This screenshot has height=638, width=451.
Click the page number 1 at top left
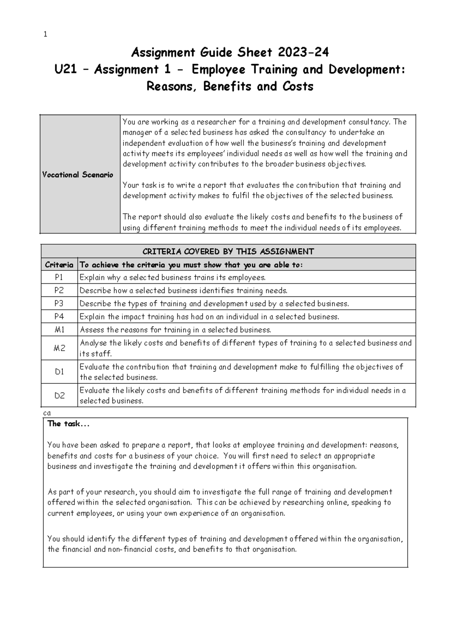[x=45, y=35]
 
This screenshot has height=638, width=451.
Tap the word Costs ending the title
[x=297, y=87]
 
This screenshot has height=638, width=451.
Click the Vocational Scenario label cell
[x=78, y=175]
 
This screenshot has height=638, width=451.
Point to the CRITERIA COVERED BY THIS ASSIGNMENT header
[x=228, y=251]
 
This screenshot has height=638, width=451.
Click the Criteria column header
[x=59, y=265]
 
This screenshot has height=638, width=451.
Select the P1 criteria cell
[x=59, y=278]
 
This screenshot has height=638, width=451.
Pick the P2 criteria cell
[x=59, y=290]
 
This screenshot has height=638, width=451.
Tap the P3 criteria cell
[x=59, y=304]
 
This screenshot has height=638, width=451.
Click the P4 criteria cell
[x=59, y=317]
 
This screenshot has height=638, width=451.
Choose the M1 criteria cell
[x=59, y=330]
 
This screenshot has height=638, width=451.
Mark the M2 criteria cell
[x=59, y=348]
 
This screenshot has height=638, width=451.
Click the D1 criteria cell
[x=59, y=372]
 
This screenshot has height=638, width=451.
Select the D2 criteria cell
[x=59, y=395]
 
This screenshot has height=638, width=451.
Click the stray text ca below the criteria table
[x=47, y=413]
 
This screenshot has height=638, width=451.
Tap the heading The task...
[x=68, y=424]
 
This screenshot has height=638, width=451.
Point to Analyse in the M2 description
[x=93, y=343]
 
